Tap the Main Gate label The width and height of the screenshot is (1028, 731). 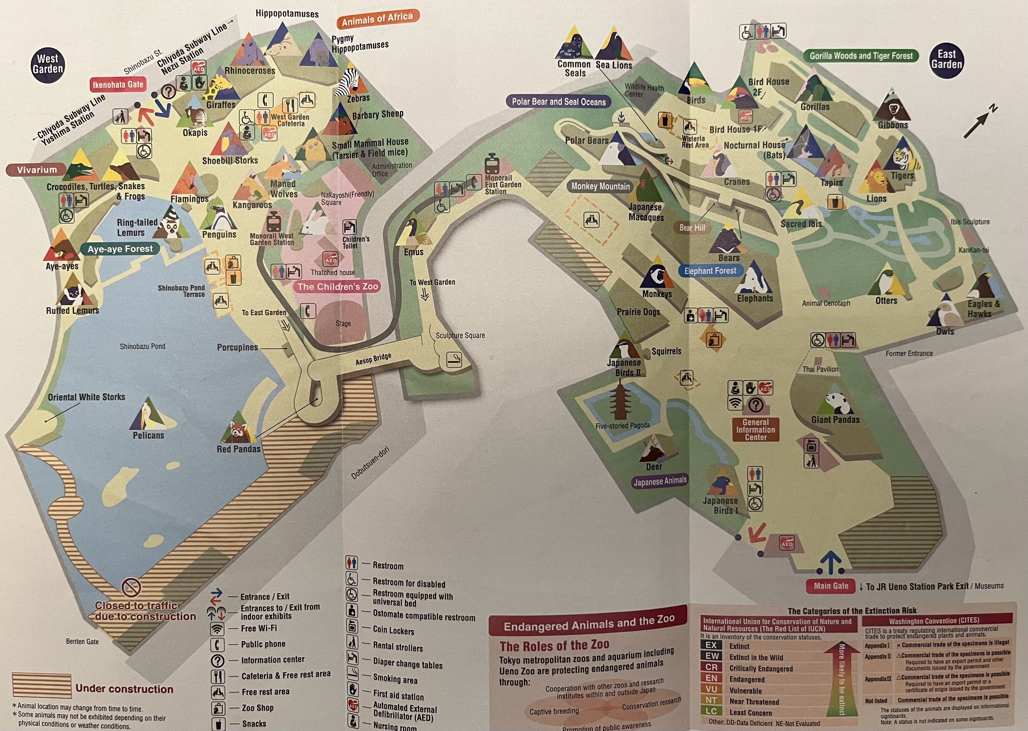click(831, 585)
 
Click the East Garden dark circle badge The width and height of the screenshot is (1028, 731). click(946, 60)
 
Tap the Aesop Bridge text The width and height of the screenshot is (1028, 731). click(373, 359)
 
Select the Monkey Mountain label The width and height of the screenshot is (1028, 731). click(600, 186)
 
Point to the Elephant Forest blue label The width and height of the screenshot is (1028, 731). click(710, 270)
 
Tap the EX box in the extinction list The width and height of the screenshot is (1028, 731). click(711, 645)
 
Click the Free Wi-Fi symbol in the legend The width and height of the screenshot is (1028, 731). click(217, 628)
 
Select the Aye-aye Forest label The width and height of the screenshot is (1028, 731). click(120, 249)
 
